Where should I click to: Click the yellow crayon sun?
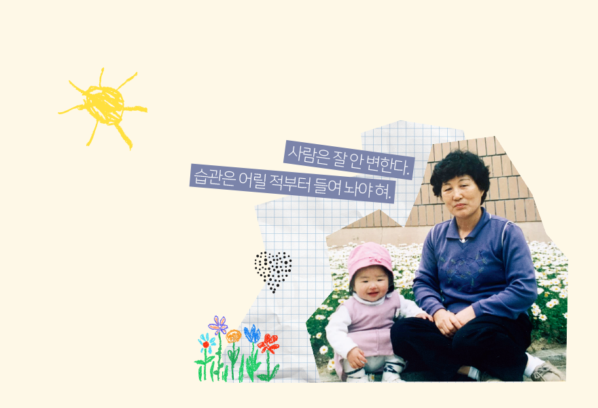click(x=105, y=105)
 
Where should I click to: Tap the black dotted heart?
click(x=273, y=270)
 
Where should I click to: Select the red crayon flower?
click(x=268, y=343)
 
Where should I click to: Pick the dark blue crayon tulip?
click(x=252, y=333)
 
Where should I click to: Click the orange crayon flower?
click(x=233, y=336)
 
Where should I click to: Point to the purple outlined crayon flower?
click(x=219, y=325)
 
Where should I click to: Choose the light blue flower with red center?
click(x=207, y=343)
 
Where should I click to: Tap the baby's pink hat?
click(x=370, y=258)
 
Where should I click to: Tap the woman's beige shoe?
click(x=546, y=371)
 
